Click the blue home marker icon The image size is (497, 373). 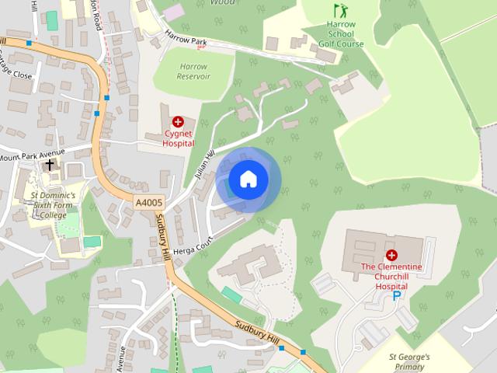click(x=248, y=180)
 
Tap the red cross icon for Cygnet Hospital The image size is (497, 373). click(x=178, y=122)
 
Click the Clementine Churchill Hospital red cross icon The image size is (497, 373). click(x=391, y=255)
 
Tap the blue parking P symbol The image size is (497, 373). click(x=397, y=296)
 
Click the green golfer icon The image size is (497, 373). click(x=339, y=11)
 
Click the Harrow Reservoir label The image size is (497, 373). click(x=193, y=71)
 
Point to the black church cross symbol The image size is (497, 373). click(x=50, y=165)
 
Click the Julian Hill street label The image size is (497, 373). click(x=204, y=165)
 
